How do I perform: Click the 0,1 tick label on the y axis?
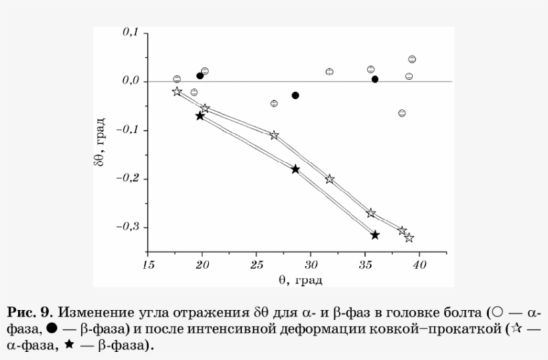[129, 33]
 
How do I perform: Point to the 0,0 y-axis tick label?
[129, 81]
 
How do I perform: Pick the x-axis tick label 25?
[256, 264]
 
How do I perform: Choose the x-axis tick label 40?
[419, 264]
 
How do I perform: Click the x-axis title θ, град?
[301, 279]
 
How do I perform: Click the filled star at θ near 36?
[375, 234]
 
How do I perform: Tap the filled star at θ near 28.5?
[295, 169]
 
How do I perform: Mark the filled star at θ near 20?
[200, 116]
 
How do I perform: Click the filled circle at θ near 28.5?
[295, 96]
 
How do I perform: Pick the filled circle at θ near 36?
[375, 79]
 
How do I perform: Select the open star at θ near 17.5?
[176, 92]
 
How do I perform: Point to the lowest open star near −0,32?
[409, 237]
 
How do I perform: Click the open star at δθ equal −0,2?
[329, 179]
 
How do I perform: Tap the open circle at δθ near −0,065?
[402, 113]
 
